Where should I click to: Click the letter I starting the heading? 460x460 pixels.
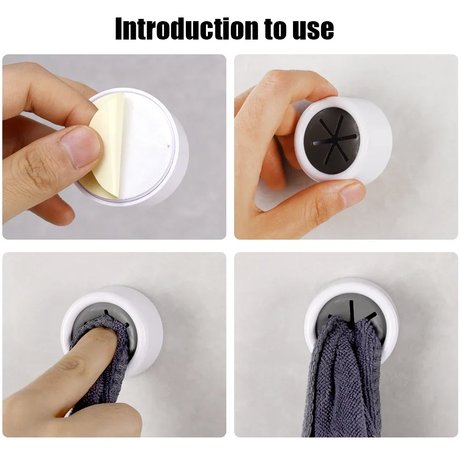point(119,29)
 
